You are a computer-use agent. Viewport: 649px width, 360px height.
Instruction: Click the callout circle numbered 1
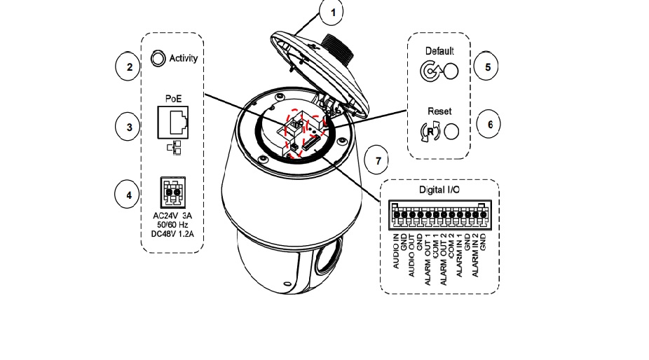point(334,12)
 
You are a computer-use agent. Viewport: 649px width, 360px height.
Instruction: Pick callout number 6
point(490,124)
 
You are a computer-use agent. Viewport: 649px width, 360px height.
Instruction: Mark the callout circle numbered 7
point(378,161)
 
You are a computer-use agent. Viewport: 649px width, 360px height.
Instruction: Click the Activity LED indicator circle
point(158,58)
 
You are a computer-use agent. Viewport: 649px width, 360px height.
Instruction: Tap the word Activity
point(184,59)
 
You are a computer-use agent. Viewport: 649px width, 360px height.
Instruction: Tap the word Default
point(439,51)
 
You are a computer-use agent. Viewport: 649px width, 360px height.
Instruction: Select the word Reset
point(439,111)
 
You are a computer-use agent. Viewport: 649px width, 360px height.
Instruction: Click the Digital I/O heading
point(439,191)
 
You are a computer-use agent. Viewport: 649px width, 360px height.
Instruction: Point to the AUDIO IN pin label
point(397,253)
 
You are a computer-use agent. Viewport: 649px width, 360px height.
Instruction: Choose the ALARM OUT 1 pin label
point(428,263)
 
